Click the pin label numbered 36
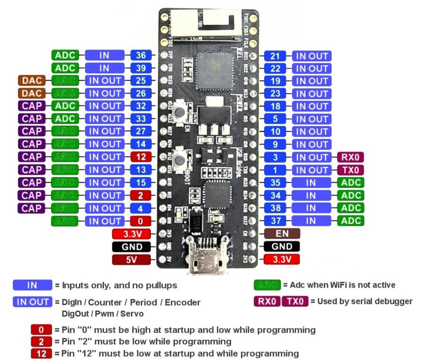tap(141, 55)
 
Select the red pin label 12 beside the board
tap(141, 157)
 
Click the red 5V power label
tap(131, 259)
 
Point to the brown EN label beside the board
tap(282, 233)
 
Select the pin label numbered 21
tap(276, 56)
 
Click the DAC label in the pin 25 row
tap(32, 81)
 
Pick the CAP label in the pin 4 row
tap(32, 208)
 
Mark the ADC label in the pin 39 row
tap(65, 68)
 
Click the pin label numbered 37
tap(276, 221)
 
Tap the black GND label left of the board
tap(131, 247)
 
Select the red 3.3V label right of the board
tap(282, 259)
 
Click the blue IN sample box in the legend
tap(32, 285)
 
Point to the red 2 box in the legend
tap(41, 341)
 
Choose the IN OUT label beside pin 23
tap(311, 94)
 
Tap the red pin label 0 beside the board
tap(141, 221)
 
